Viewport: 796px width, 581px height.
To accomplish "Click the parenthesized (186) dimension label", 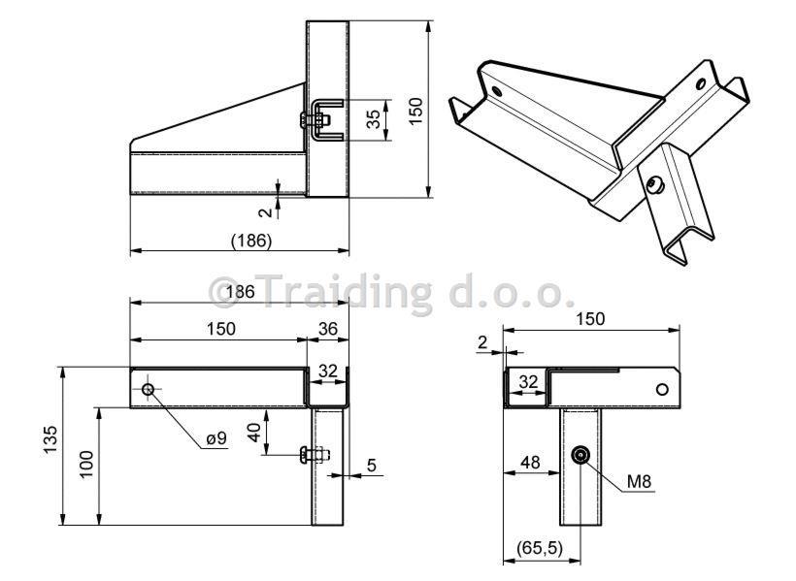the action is [251, 240].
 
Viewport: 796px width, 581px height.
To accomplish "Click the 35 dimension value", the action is [373, 118].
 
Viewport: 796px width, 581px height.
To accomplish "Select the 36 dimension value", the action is [328, 328].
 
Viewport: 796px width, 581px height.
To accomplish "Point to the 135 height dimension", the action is [50, 439].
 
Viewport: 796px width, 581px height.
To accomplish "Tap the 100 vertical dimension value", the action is [86, 464].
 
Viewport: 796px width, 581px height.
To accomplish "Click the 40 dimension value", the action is [254, 432].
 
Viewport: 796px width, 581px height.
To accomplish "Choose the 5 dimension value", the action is [372, 465].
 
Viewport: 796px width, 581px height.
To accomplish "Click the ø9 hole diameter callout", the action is [216, 437].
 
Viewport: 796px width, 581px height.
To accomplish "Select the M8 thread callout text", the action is [639, 481].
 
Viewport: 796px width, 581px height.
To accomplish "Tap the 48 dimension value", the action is [530, 463].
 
